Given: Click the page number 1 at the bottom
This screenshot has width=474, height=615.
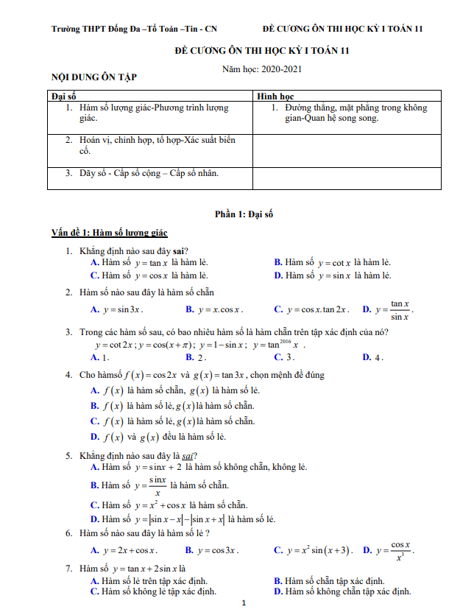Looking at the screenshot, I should point(243,604).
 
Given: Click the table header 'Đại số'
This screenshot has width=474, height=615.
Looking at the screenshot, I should point(64,96).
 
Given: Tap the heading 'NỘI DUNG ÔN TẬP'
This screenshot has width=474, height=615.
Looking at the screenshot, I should point(93,77).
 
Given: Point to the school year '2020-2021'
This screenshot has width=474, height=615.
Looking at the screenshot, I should point(277,68).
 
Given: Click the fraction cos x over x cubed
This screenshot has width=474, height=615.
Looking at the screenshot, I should point(400,550).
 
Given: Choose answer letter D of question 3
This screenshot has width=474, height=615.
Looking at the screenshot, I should point(367,358).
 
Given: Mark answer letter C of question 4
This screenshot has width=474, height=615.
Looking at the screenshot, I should point(95,421).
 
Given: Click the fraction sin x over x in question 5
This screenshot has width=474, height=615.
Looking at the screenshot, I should point(156,485).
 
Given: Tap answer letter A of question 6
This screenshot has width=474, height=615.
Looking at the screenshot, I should point(95,550).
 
